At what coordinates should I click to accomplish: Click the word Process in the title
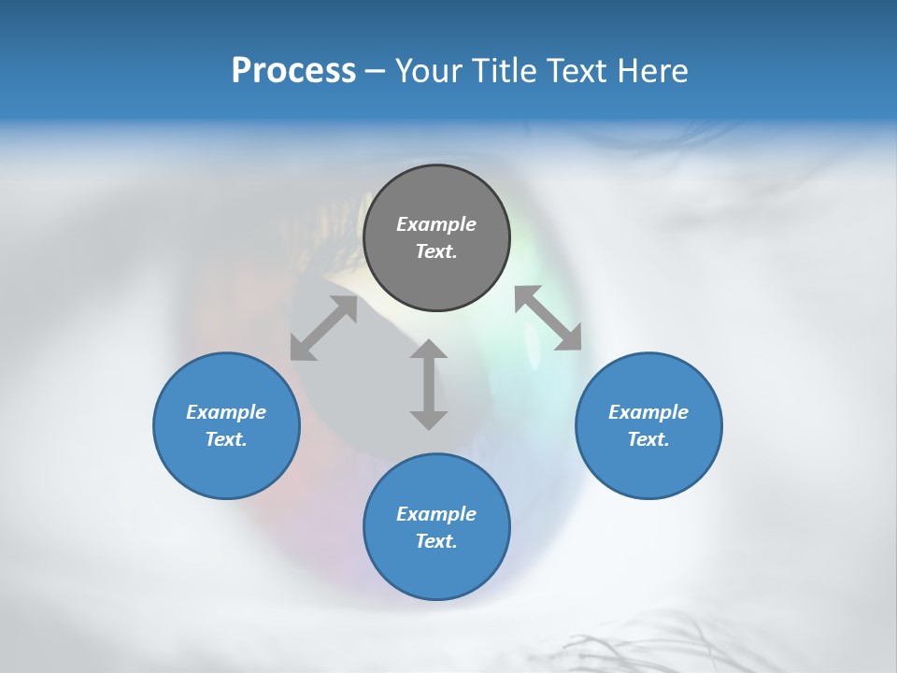[x=293, y=71]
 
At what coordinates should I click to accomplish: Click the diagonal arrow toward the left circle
[x=323, y=328]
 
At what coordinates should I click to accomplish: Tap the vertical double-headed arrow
[x=429, y=384]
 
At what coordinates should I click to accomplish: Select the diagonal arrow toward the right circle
[x=548, y=318]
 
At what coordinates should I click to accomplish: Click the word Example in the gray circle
[x=436, y=224]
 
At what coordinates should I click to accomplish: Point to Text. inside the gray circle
[x=436, y=251]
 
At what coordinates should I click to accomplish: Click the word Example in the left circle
[x=226, y=412]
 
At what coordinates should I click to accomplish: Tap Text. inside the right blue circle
[x=648, y=439]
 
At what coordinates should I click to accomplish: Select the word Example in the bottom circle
[x=436, y=514]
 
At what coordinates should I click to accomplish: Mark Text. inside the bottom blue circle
[x=436, y=541]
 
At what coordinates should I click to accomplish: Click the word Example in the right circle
[x=648, y=412]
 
